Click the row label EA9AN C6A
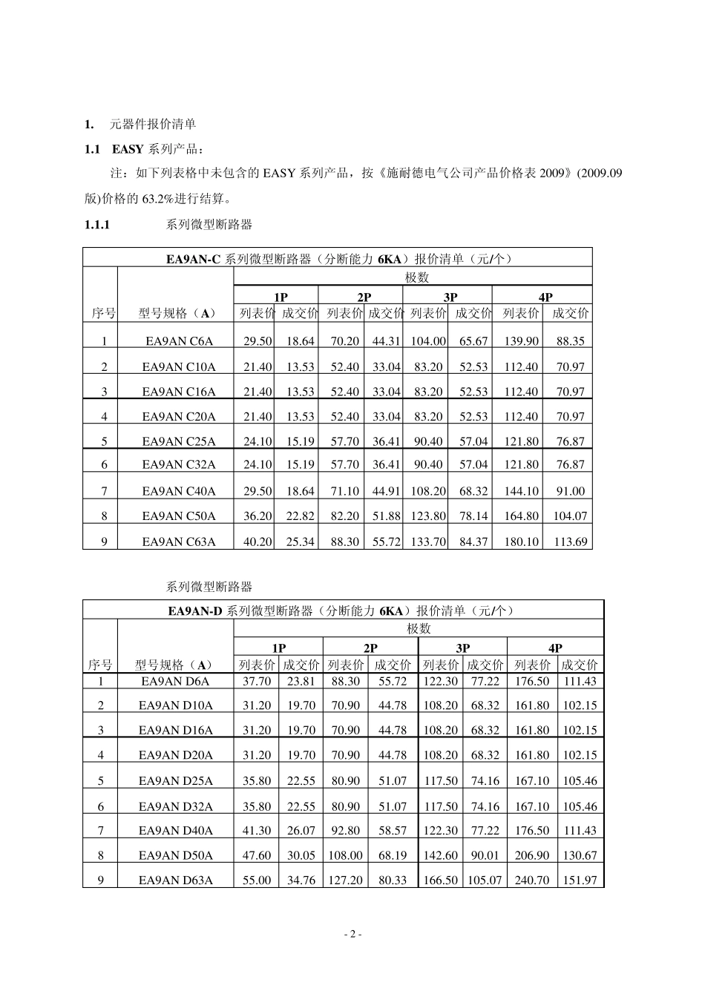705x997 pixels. [x=178, y=341]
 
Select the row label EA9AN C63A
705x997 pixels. [x=178, y=542]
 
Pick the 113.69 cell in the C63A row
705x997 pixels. [x=570, y=542]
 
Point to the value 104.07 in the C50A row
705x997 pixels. [x=570, y=516]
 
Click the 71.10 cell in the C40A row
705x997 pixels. [x=344, y=491]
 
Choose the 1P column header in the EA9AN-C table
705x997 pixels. [x=281, y=297]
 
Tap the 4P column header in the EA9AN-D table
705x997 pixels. [x=555, y=648]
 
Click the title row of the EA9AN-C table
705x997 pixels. [x=338, y=259]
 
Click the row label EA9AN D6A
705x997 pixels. [x=175, y=681]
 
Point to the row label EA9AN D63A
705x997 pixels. [x=175, y=880]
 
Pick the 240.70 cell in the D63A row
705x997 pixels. [x=531, y=880]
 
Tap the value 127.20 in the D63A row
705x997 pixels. [x=345, y=880]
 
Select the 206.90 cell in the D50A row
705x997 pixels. [x=531, y=855]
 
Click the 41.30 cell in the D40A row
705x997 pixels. [x=257, y=831]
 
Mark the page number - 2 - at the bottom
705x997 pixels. [x=352, y=935]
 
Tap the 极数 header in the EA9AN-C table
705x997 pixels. [x=416, y=277]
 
